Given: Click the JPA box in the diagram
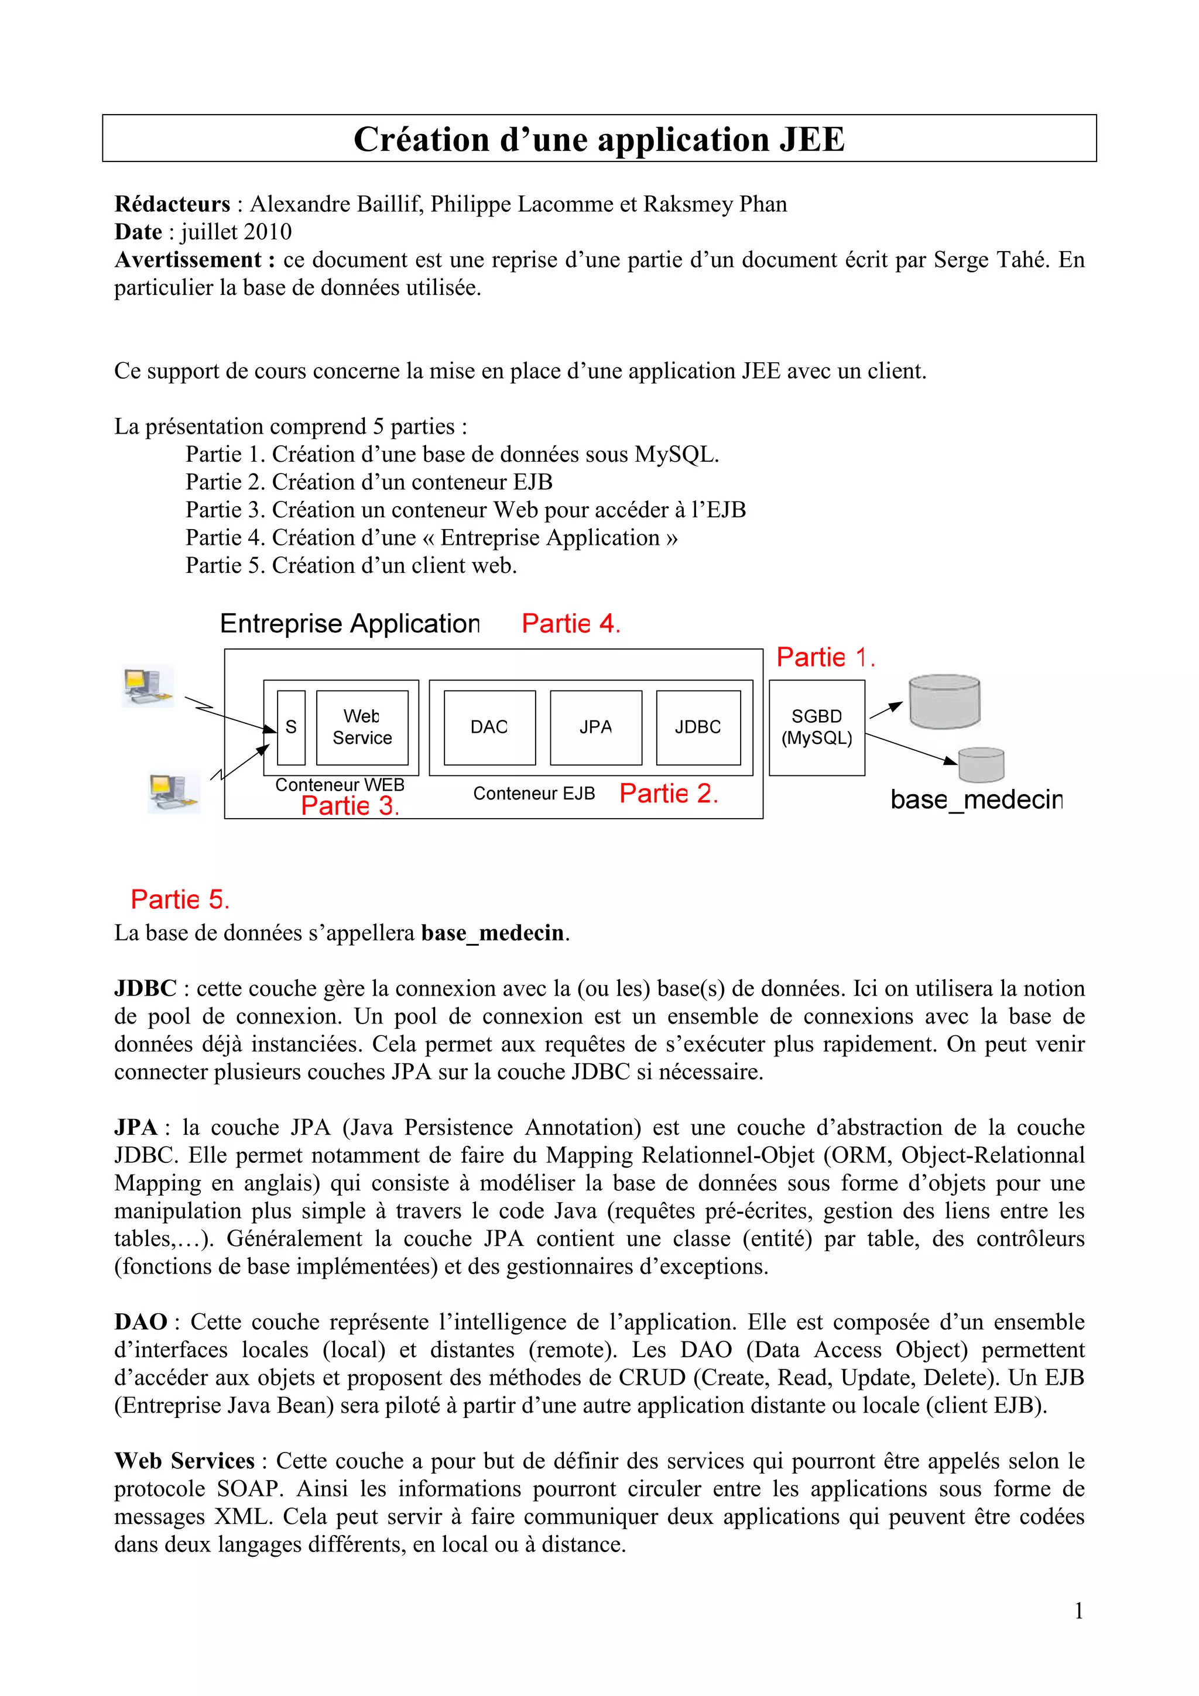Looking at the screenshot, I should coord(595,727).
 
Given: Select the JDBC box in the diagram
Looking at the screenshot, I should coord(698,727).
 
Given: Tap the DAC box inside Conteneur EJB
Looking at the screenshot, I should coord(489,727).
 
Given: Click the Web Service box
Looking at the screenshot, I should coord(362,727).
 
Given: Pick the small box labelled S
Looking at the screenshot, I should coord(291,727).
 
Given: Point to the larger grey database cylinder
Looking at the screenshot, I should coord(944,701).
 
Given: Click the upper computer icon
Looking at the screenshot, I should coord(148,685).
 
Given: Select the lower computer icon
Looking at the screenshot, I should coord(174,792).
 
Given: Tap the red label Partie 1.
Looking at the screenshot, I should coord(825,657).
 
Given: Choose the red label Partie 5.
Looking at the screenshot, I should coord(180,900).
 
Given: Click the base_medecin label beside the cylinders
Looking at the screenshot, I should coord(976,800).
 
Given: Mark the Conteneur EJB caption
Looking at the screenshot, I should coord(533,794).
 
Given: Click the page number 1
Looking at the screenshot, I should coord(1078,1611).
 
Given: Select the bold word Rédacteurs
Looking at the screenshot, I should coord(172,204).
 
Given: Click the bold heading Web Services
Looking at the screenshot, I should coord(184,1461).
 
